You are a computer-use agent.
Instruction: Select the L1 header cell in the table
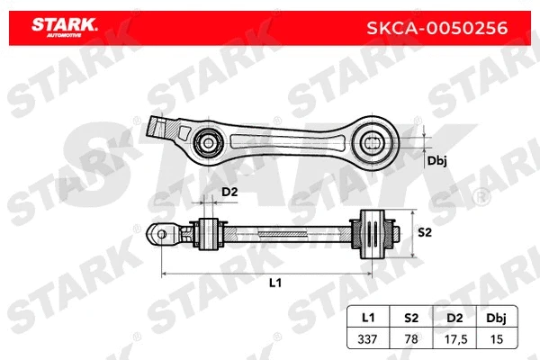coord(368,319)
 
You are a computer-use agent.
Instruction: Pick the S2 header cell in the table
coord(410,319)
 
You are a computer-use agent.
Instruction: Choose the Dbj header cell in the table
coord(495,319)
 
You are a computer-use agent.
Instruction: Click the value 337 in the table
coord(368,339)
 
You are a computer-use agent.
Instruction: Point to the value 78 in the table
coord(410,339)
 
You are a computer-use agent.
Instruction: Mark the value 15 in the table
coord(495,339)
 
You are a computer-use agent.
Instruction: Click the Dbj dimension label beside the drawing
coord(437,161)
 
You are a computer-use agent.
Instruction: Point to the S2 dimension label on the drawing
coord(426,232)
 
